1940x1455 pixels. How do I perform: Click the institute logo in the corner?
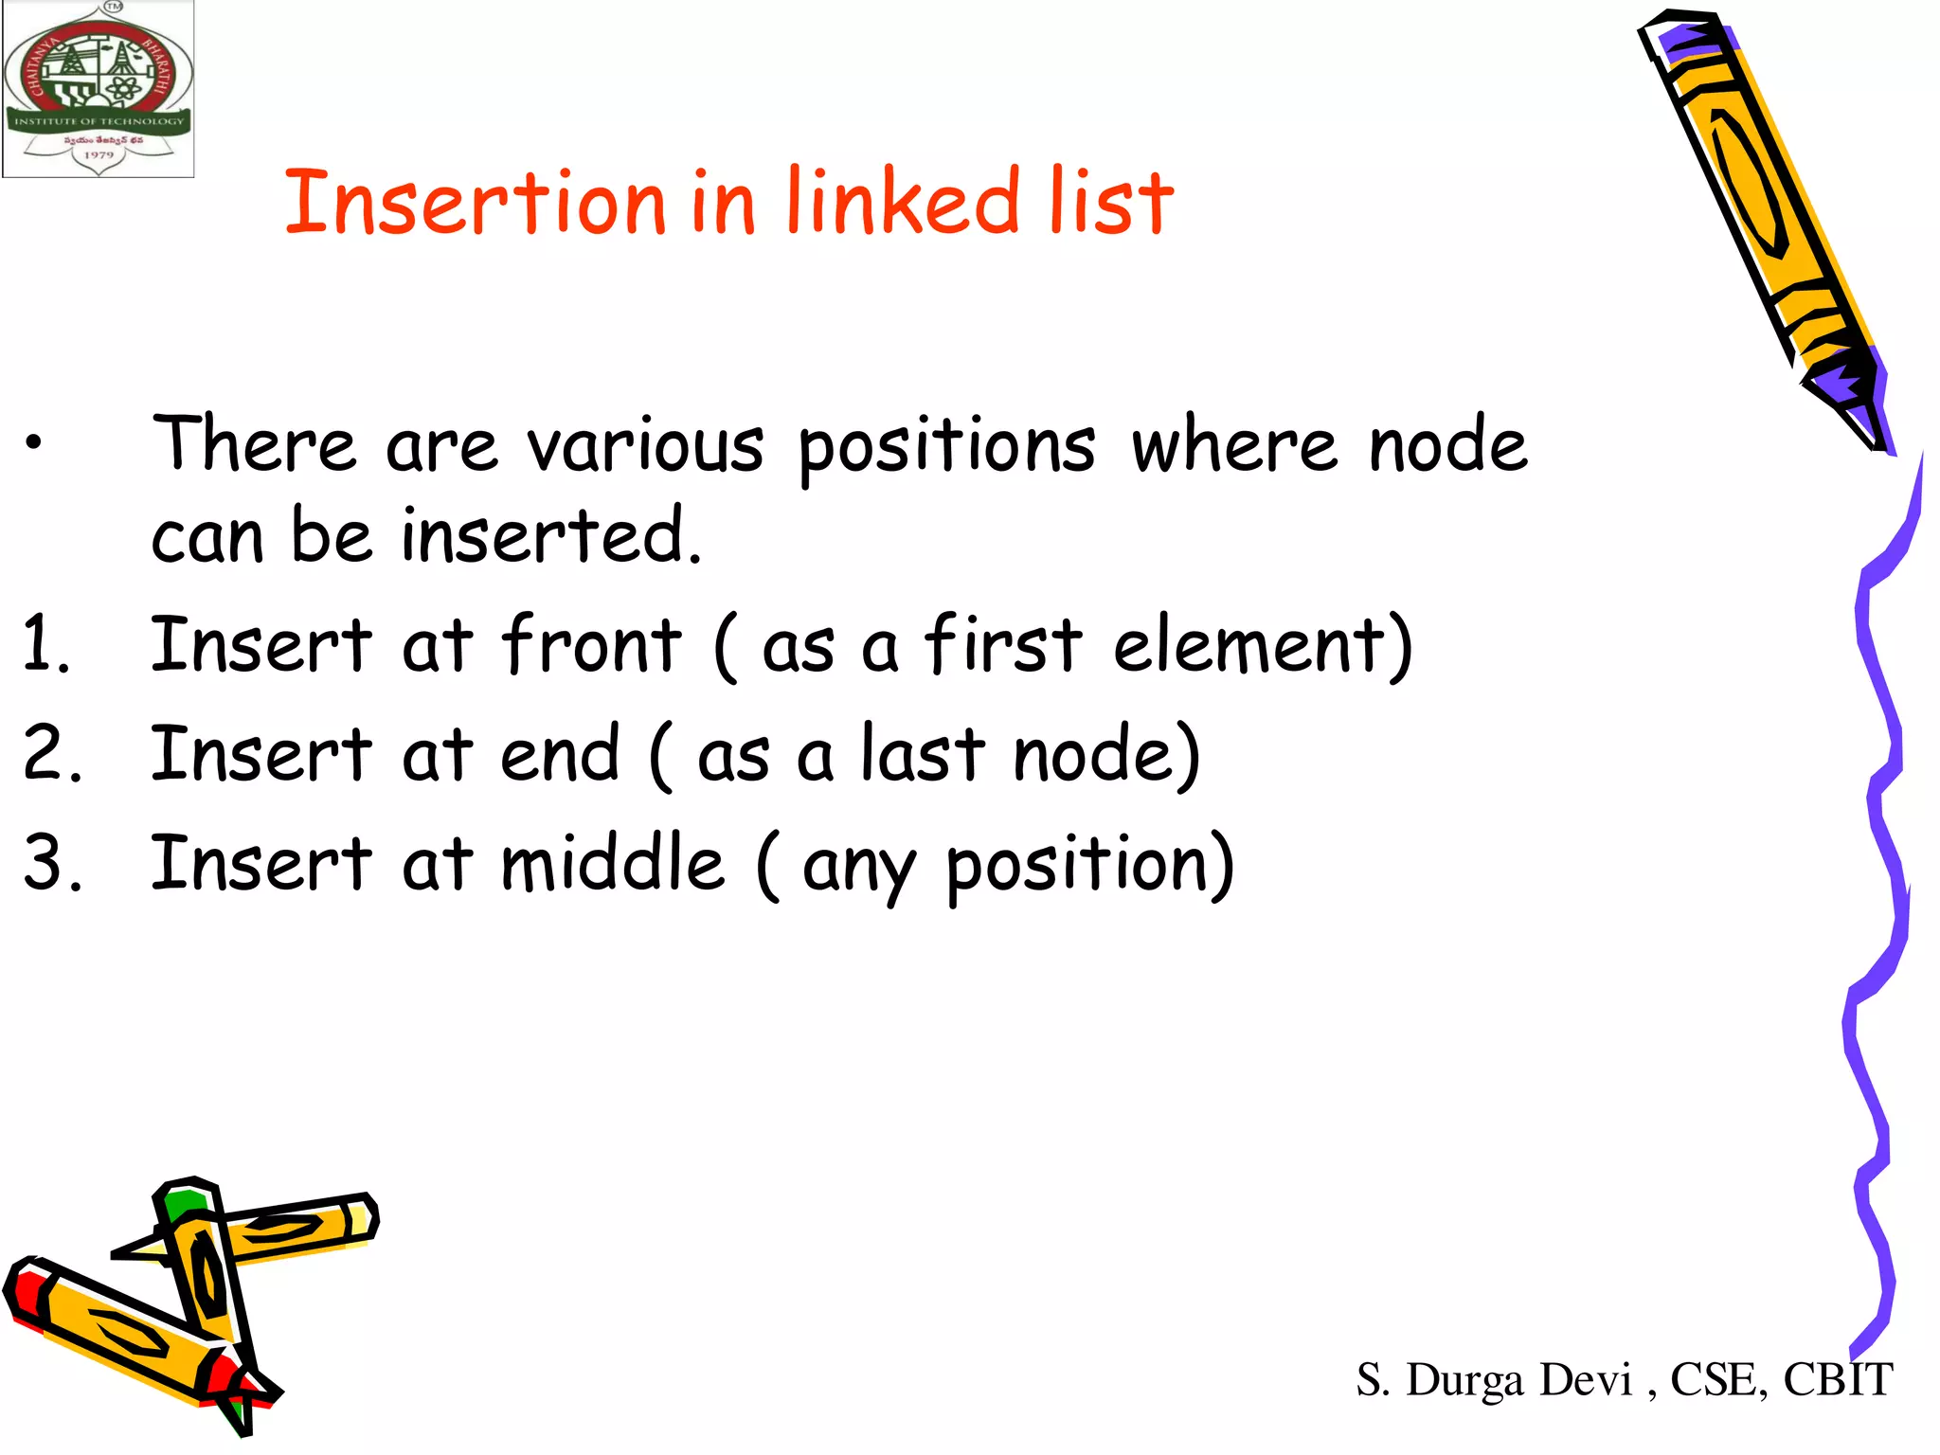[x=99, y=89]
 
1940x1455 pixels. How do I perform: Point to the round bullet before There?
[x=34, y=441]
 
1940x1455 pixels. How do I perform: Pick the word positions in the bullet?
[x=946, y=447]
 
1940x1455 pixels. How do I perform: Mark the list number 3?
[x=52, y=863]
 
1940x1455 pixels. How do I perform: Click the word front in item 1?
[x=591, y=645]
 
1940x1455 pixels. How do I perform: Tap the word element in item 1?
[x=1251, y=645]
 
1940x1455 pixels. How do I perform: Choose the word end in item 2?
[x=560, y=754]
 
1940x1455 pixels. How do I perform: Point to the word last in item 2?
[x=923, y=754]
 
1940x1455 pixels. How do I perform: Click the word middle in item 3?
[x=612, y=863]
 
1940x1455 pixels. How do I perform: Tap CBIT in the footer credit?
[x=1838, y=1379]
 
